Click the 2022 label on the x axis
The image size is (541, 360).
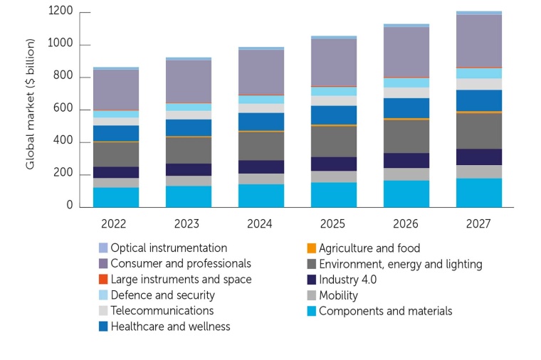(x=115, y=223)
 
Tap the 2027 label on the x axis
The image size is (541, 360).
(x=478, y=223)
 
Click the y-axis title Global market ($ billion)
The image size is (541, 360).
(x=31, y=110)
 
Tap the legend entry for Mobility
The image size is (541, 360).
(x=338, y=295)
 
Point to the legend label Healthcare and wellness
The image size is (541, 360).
(x=170, y=327)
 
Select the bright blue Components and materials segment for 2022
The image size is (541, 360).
(x=115, y=197)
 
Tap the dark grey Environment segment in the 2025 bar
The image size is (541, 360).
(x=333, y=141)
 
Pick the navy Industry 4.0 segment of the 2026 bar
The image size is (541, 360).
(x=406, y=160)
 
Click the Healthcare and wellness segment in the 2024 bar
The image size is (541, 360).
(x=261, y=121)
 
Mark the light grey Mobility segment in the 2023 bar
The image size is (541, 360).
(x=188, y=181)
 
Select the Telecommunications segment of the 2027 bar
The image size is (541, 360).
(x=478, y=84)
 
